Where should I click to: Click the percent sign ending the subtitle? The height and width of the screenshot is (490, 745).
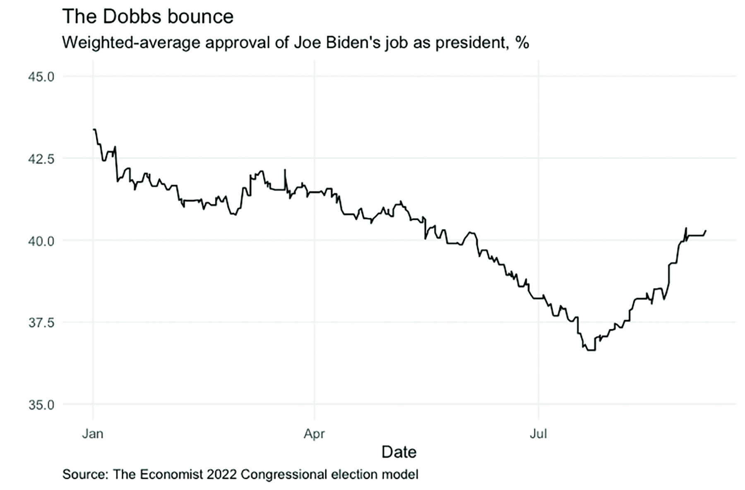click(522, 42)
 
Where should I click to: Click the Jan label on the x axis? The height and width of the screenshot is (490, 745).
click(93, 434)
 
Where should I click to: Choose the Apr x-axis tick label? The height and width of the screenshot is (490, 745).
click(314, 434)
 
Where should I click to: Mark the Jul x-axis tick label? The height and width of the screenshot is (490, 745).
click(538, 434)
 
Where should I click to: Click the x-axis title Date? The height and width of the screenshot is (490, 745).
click(399, 452)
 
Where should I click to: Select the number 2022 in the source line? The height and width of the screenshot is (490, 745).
click(223, 474)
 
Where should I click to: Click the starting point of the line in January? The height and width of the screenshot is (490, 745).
click(94, 130)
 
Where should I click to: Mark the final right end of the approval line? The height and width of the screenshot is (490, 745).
click(706, 231)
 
